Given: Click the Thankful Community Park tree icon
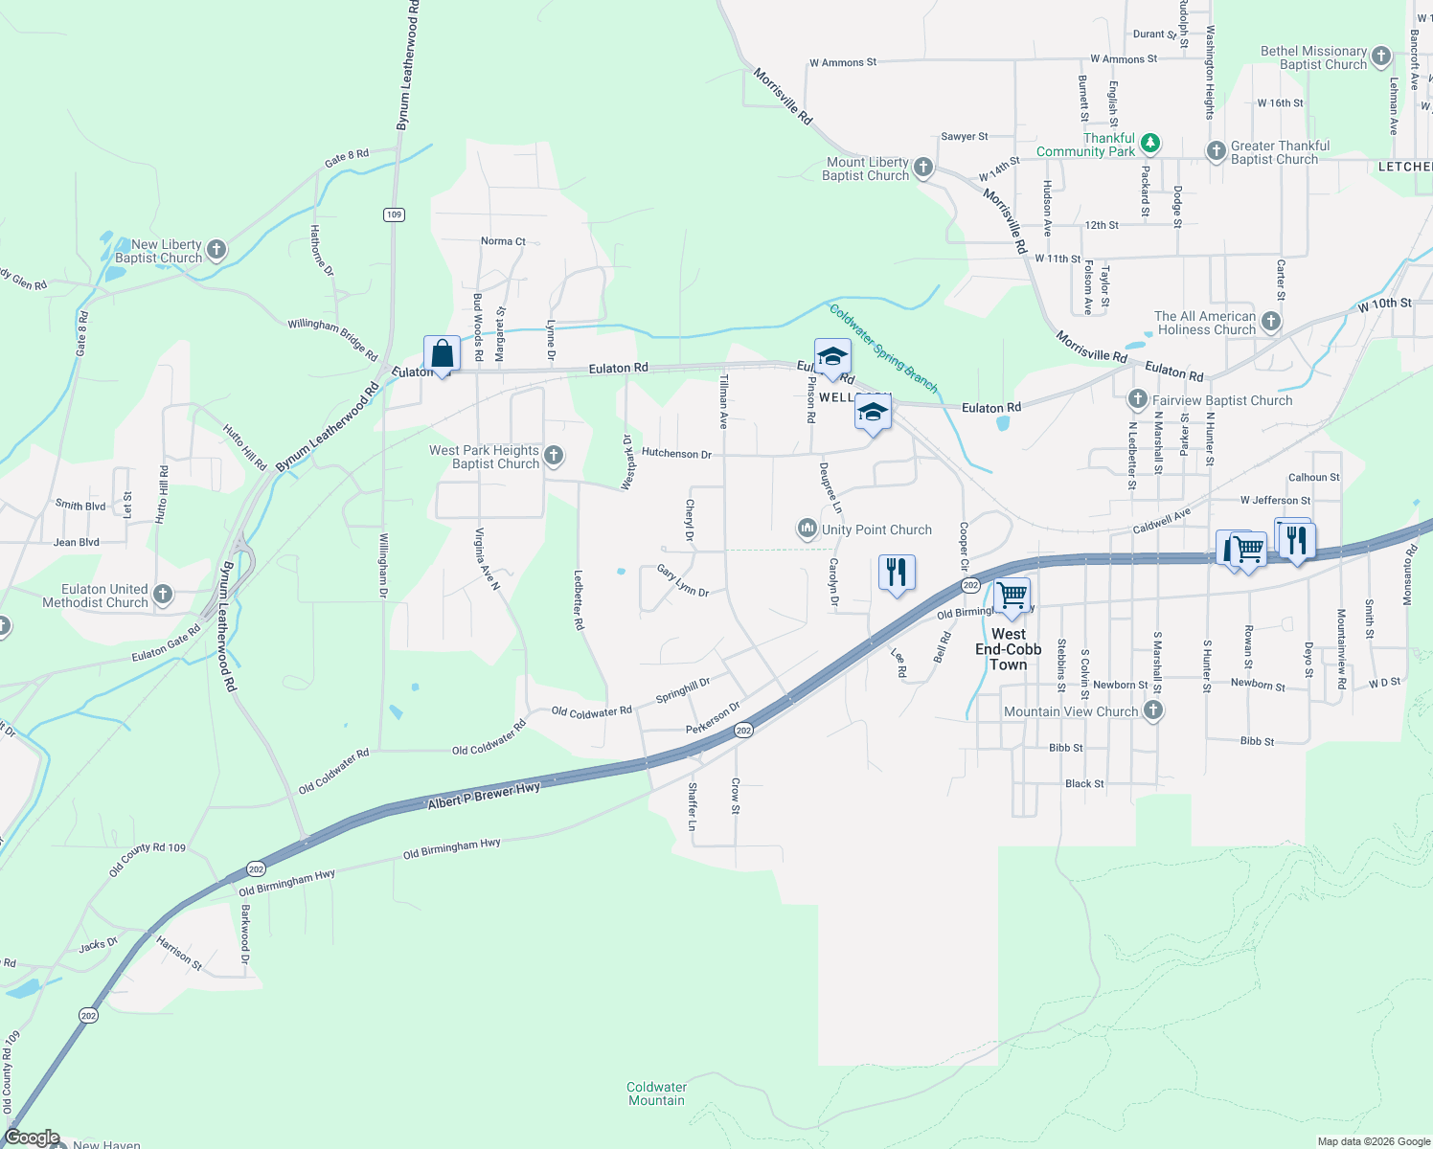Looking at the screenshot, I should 1150,145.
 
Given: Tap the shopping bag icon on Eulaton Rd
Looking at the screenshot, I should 442,354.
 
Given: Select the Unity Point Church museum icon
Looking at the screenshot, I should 807,529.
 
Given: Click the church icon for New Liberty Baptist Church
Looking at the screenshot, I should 216,251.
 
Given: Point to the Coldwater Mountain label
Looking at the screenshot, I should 656,1093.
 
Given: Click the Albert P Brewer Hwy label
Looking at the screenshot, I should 484,795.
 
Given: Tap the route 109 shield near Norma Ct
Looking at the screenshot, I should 394,214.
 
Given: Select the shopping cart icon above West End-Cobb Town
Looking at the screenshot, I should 1012,597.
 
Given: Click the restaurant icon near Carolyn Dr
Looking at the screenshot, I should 896,573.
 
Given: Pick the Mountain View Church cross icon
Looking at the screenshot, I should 1153,710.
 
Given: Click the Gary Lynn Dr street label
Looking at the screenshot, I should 683,580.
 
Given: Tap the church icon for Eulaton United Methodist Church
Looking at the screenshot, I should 163,596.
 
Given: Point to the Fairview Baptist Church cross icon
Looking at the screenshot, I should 1138,400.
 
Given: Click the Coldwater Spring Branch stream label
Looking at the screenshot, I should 883,349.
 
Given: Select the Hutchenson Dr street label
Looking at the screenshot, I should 676,453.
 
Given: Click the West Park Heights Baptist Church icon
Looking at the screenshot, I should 554,457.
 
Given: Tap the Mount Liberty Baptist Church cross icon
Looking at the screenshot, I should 923,169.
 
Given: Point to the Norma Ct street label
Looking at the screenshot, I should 503,241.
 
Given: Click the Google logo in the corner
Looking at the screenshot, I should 33,1138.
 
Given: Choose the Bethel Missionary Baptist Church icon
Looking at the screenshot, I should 1381,56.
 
